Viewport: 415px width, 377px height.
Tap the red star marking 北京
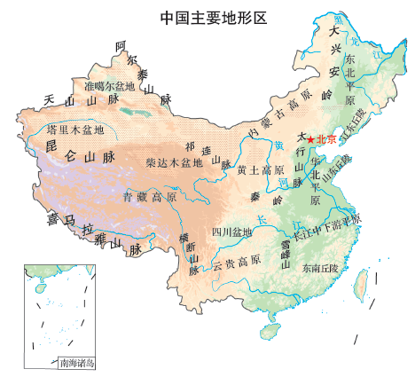(x=310, y=139)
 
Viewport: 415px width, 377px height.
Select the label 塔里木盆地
(x=75, y=130)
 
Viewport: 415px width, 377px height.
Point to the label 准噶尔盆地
(x=109, y=87)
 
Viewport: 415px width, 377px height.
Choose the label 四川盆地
(x=232, y=232)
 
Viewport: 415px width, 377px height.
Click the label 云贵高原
(x=236, y=262)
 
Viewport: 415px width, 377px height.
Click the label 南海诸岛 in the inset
(x=77, y=363)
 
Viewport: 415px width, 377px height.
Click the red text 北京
(x=326, y=139)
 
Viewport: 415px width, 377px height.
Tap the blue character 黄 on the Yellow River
(x=279, y=145)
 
